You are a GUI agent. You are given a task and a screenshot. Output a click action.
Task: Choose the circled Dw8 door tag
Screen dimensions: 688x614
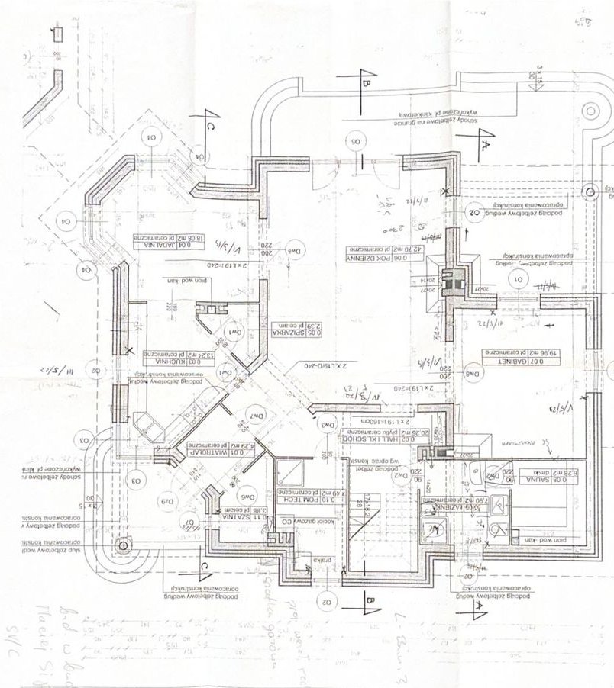click(x=473, y=374)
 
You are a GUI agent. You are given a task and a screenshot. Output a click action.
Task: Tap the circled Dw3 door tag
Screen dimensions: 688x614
click(x=329, y=424)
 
